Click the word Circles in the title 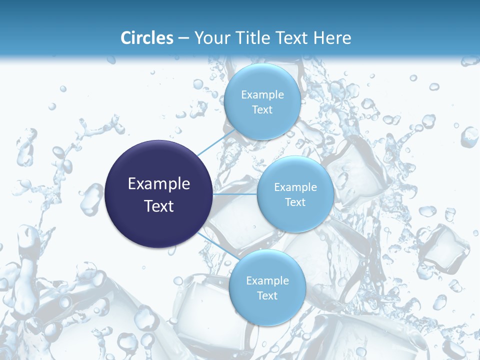[x=147, y=38]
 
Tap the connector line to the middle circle [x=235, y=194]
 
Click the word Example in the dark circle [x=159, y=184]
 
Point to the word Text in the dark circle [x=159, y=206]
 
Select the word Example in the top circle [x=262, y=95]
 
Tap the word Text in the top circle [x=262, y=110]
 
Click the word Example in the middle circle [x=295, y=187]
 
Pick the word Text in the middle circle [x=295, y=202]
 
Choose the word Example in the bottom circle [x=267, y=281]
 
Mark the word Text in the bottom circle [x=267, y=296]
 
